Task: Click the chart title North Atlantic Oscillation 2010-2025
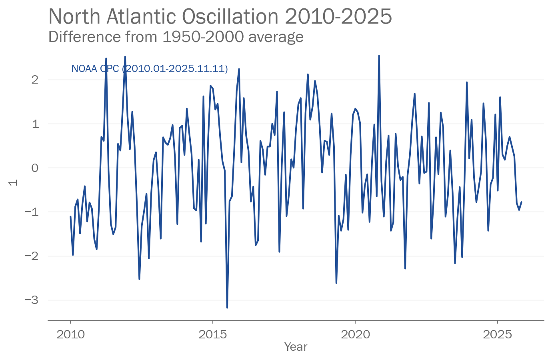(220, 17)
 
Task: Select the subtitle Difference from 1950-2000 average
(176, 37)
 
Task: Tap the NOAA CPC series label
(149, 69)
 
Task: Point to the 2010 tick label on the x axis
(70, 334)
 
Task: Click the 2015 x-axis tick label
(213, 334)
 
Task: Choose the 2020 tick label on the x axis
(355, 334)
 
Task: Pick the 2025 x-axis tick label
(497, 334)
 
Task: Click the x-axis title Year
(296, 347)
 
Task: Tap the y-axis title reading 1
(13, 182)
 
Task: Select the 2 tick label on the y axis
(35, 80)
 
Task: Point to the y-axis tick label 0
(35, 168)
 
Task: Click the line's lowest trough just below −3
(227, 308)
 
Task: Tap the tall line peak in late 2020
(379, 56)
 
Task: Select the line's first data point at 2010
(70, 217)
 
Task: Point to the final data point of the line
(521, 202)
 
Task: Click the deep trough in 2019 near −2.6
(336, 283)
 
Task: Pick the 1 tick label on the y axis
(35, 124)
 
